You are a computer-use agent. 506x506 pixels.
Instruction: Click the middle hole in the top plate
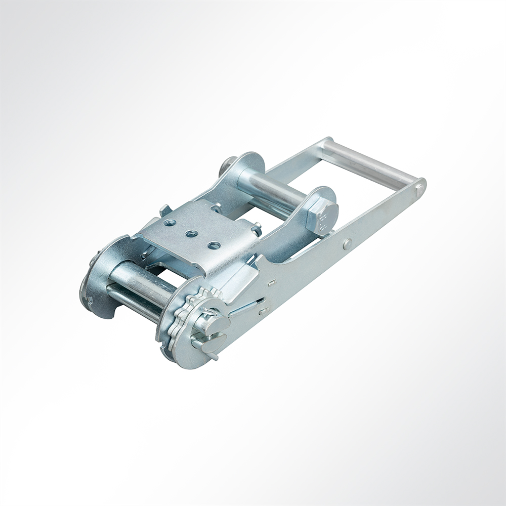click(191, 234)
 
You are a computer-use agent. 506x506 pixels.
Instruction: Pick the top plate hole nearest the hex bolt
click(214, 246)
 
